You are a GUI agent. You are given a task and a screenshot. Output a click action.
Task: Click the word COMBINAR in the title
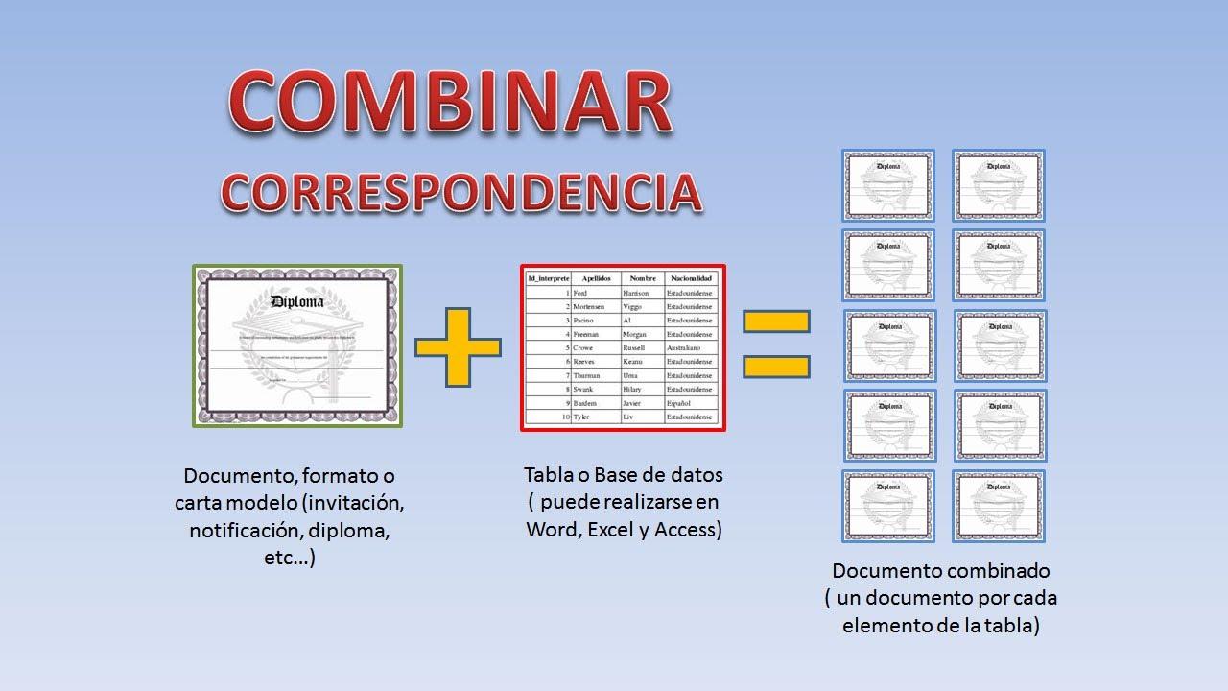tap(451, 101)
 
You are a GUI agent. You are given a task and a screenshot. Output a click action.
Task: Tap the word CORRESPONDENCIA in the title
tap(461, 191)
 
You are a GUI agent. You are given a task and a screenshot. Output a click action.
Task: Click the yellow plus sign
tap(459, 347)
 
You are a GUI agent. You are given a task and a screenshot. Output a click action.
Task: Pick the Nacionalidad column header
tap(691, 278)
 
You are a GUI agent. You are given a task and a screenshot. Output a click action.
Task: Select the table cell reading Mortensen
tap(590, 306)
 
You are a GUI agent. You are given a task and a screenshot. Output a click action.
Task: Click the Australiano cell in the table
tap(684, 347)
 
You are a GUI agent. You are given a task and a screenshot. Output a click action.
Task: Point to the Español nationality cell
tap(679, 404)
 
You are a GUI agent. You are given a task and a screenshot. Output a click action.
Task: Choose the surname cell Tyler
tap(581, 417)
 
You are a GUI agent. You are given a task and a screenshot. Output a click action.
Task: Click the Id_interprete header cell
tap(549, 278)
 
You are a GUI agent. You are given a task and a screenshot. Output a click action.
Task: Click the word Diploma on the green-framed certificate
tap(297, 301)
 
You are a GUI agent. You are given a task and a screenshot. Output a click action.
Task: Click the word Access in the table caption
tap(687, 529)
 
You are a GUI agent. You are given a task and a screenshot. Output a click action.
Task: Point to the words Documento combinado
tap(940, 571)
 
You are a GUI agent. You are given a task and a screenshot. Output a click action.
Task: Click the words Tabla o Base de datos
tap(624, 474)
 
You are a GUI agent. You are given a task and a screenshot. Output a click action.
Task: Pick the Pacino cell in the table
tap(584, 320)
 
